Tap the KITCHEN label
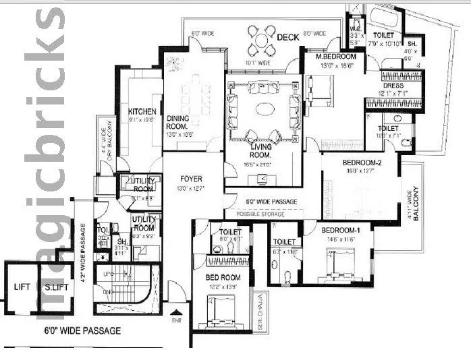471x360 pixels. (142, 111)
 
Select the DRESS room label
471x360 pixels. (393, 86)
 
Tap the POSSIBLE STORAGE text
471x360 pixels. (261, 214)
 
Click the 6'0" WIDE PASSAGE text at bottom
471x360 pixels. (80, 330)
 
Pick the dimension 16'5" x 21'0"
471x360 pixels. (261, 164)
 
